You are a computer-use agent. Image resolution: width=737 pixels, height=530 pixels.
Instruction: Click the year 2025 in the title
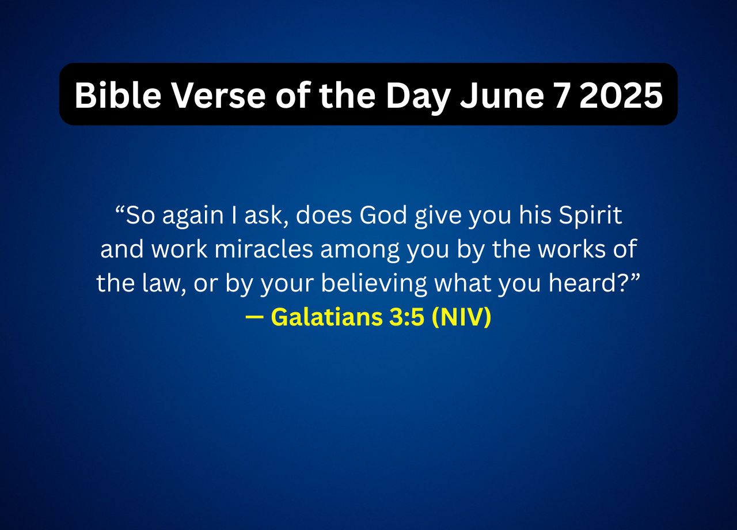click(x=621, y=95)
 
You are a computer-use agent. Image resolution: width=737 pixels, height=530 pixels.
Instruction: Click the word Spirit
click(x=590, y=216)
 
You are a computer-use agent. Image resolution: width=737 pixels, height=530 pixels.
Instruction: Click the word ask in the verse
click(x=266, y=216)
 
